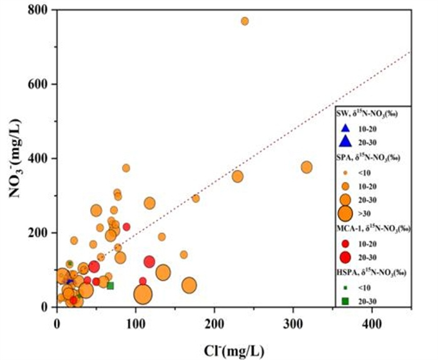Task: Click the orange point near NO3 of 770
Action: [245, 21]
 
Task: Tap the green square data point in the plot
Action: [110, 286]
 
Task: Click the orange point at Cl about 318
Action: [307, 167]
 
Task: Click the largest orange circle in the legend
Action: [344, 214]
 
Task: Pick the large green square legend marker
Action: [344, 301]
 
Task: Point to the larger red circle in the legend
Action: [344, 257]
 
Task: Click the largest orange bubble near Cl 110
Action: [143, 293]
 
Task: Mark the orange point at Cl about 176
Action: [195, 198]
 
